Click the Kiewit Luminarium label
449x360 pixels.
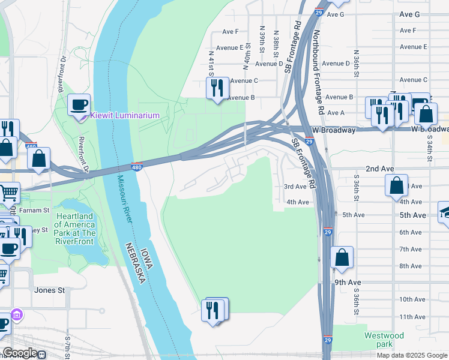125,116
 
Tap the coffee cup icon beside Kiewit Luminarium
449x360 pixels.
79,106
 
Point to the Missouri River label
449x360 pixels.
125,197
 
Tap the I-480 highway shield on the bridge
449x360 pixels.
137,167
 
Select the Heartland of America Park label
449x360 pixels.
74,225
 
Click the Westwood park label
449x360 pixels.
384,340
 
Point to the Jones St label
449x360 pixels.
50,290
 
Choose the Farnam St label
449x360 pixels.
34,210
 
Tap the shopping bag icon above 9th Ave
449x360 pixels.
342,257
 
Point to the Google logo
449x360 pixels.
19,353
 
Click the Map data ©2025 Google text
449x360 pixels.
411,355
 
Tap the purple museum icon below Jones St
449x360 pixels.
17,315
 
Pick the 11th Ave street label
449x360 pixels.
412,317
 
